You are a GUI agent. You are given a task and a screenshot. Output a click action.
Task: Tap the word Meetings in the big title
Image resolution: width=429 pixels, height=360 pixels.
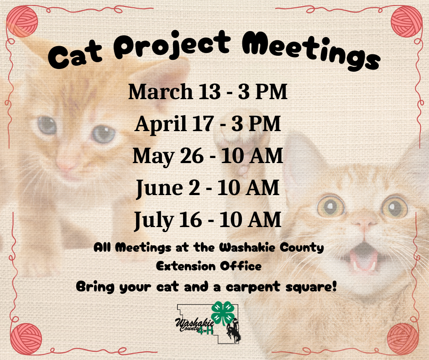[311, 51]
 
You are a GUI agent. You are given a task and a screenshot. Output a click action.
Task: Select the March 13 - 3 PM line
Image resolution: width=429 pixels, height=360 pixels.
[208, 91]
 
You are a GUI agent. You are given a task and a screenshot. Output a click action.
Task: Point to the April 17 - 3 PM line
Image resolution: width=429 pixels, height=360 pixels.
[208, 124]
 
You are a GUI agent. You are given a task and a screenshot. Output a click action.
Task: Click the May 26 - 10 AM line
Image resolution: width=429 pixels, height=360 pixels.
[208, 156]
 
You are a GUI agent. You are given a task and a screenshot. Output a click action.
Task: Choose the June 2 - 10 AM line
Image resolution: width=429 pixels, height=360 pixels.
[208, 188]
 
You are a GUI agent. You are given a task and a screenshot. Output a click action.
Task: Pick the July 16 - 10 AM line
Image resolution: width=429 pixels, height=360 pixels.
[208, 220]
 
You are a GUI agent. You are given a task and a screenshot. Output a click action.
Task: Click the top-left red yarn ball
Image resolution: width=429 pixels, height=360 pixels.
[22, 21]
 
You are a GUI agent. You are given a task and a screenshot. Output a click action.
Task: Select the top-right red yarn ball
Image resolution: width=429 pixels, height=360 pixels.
[406, 21]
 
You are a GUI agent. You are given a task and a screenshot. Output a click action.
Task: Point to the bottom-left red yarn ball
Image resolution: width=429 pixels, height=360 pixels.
[26, 339]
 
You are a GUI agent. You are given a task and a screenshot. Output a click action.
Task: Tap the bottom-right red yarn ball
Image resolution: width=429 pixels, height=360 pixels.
[403, 339]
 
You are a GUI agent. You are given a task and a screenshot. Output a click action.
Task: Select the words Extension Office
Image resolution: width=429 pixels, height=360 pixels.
[209, 266]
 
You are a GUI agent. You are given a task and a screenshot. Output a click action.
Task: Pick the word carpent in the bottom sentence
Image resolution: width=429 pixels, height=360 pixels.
[253, 287]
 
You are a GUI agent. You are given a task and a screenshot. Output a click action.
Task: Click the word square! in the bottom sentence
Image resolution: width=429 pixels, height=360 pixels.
[311, 287]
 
